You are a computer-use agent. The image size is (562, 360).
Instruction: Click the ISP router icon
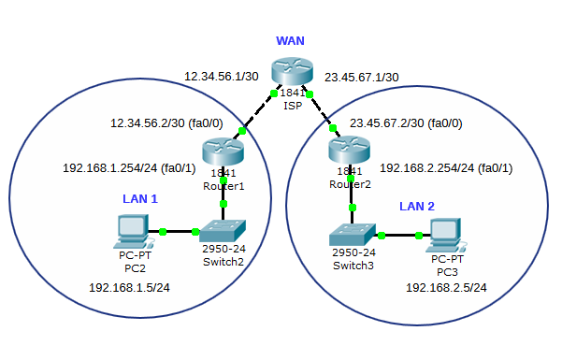click(292, 71)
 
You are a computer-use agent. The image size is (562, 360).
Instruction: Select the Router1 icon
click(223, 152)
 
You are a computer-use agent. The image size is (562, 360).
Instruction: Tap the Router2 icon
click(349, 150)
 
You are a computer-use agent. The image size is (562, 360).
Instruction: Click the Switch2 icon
click(223, 230)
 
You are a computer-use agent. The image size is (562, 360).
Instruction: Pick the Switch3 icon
click(353, 234)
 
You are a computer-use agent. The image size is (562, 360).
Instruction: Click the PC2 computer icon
click(134, 231)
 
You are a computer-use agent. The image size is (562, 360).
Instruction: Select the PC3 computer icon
click(446, 235)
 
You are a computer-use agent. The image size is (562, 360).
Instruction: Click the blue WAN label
click(290, 41)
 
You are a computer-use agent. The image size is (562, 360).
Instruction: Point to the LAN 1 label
click(140, 198)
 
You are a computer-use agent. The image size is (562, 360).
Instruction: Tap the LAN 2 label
click(417, 206)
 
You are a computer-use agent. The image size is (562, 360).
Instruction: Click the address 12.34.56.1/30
click(221, 77)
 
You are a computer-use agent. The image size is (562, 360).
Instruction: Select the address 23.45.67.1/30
click(362, 78)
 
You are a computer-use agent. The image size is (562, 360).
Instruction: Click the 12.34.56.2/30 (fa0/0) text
click(166, 123)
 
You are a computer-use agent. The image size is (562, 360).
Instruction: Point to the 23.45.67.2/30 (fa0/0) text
click(406, 123)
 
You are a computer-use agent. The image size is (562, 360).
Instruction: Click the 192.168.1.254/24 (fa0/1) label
click(129, 168)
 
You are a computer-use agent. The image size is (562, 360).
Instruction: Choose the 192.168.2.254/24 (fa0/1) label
click(446, 168)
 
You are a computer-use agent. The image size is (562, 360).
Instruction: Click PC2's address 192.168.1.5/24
click(129, 288)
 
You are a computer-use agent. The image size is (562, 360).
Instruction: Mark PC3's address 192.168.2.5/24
click(446, 288)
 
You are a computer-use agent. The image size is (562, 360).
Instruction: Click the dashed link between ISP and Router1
click(257, 112)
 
